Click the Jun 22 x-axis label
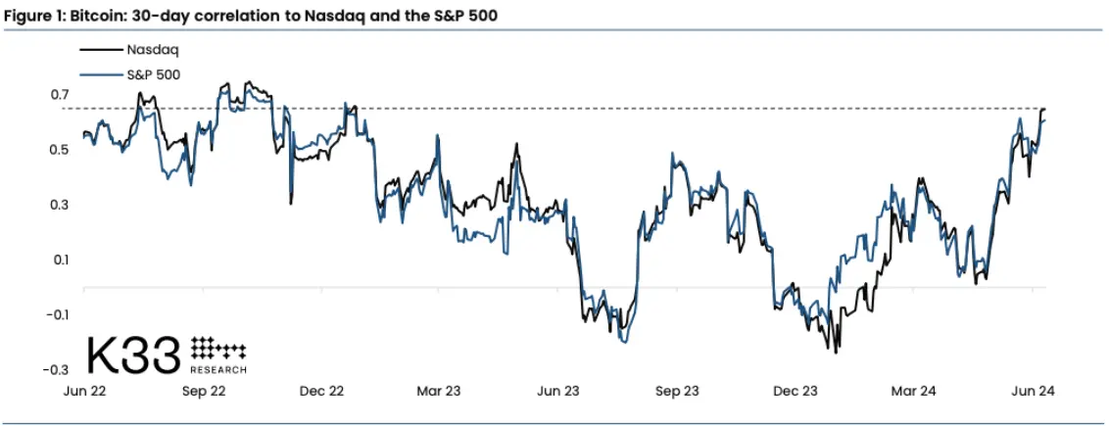pyautogui.click(x=84, y=391)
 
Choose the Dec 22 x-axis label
pyautogui.click(x=321, y=391)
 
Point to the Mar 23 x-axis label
pyautogui.click(x=439, y=391)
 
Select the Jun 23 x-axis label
pyautogui.click(x=557, y=391)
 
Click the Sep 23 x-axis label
pyautogui.click(x=677, y=391)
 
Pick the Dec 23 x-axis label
pyautogui.click(x=795, y=391)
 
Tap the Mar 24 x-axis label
pyautogui.click(x=913, y=391)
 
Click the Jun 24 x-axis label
pyautogui.click(x=1033, y=391)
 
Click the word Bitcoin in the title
pyautogui.click(x=95, y=14)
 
